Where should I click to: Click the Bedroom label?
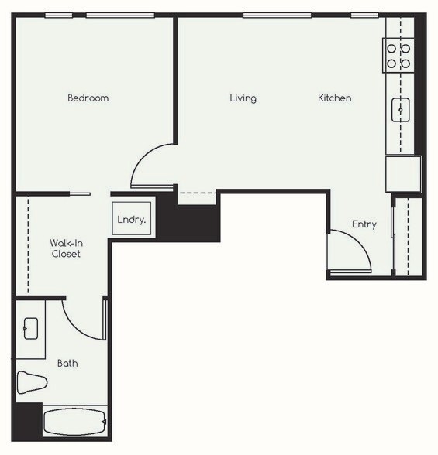(88, 98)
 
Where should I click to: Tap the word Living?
(243, 98)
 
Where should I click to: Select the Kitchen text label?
(334, 98)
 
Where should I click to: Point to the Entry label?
(364, 224)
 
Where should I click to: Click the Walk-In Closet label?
(66, 248)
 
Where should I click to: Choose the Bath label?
(67, 363)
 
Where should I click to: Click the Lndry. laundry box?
(131, 219)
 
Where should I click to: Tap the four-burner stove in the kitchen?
(398, 56)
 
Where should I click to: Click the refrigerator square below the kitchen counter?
(403, 173)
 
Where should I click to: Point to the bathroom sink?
(31, 328)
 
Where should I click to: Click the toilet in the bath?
(33, 382)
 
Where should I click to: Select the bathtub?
(74, 422)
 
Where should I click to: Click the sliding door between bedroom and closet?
(79, 193)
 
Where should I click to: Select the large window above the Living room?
(277, 15)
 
